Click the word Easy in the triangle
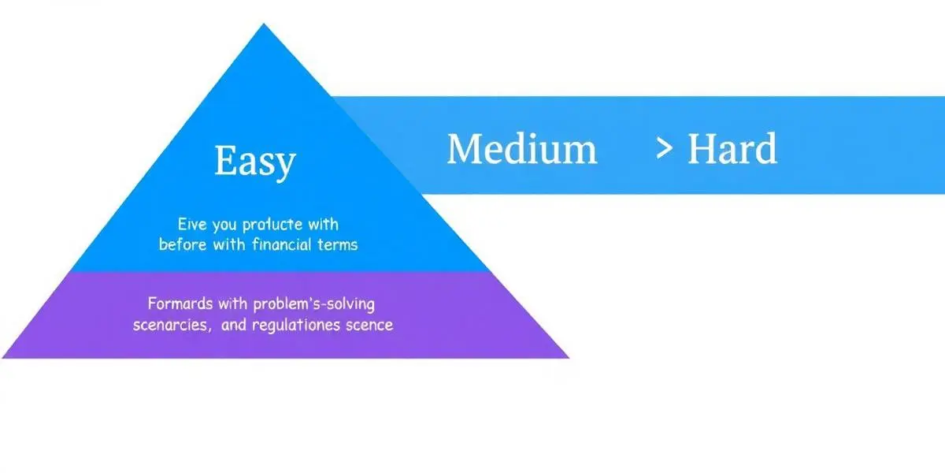255,161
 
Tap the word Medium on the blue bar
521,149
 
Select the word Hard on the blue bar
732,149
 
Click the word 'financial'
282,244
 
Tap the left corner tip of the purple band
5,357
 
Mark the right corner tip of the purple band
567,357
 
